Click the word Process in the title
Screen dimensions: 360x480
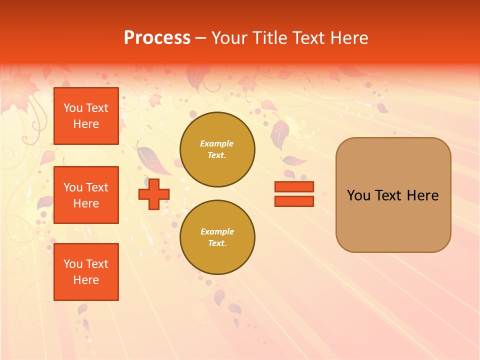pos(157,38)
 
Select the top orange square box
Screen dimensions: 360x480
pos(86,116)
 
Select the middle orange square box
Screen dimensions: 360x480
pos(86,195)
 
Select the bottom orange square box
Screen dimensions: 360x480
pos(86,271)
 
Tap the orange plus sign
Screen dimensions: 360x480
pos(153,194)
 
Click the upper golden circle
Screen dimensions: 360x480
pos(217,149)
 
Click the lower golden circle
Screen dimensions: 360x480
pos(217,237)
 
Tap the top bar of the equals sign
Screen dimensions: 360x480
pos(294,186)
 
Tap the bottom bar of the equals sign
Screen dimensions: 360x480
pos(294,201)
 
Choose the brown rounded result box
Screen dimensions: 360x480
pos(393,194)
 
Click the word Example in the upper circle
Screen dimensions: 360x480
pos(217,144)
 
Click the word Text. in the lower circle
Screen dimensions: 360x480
pos(217,243)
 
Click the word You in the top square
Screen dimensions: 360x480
pos(73,108)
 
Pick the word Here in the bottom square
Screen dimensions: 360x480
pos(86,280)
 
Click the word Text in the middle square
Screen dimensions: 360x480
pos(97,187)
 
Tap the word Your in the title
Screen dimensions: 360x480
pos(229,38)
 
